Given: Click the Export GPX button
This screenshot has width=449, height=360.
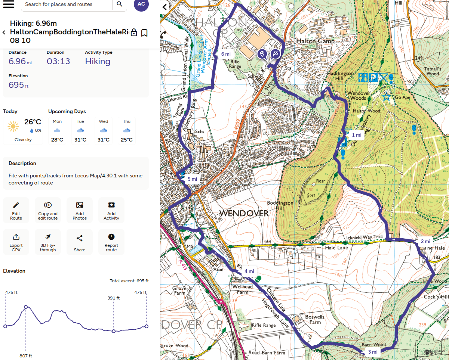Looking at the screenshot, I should (x=16, y=242).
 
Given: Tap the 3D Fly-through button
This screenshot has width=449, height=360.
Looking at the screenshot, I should (x=48, y=242).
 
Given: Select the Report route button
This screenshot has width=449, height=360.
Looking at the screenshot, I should (x=111, y=242).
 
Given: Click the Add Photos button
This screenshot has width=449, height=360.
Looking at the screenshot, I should (x=80, y=210).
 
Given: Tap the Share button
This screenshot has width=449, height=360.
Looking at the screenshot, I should (x=80, y=242).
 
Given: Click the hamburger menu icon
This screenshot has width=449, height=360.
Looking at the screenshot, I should (x=8, y=4).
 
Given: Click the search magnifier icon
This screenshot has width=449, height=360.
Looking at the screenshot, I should (x=119, y=4).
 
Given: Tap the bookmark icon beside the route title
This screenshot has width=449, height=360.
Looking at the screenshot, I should (x=144, y=33).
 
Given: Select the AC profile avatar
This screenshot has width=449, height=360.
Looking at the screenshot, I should (x=141, y=4).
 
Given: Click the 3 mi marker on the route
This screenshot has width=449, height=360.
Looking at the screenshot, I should (x=372, y=352).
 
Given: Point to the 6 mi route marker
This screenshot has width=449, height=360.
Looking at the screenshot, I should (x=225, y=54).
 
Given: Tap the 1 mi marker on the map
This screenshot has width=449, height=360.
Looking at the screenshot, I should (x=356, y=135).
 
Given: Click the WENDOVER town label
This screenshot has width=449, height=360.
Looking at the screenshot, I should (x=244, y=213).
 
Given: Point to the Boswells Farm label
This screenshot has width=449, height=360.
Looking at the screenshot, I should (x=315, y=319).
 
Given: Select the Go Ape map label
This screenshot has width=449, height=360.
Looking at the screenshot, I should (x=402, y=97).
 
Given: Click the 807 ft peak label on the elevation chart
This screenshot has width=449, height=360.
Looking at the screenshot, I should (x=26, y=356).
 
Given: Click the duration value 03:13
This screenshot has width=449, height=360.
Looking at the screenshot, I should (x=58, y=62).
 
